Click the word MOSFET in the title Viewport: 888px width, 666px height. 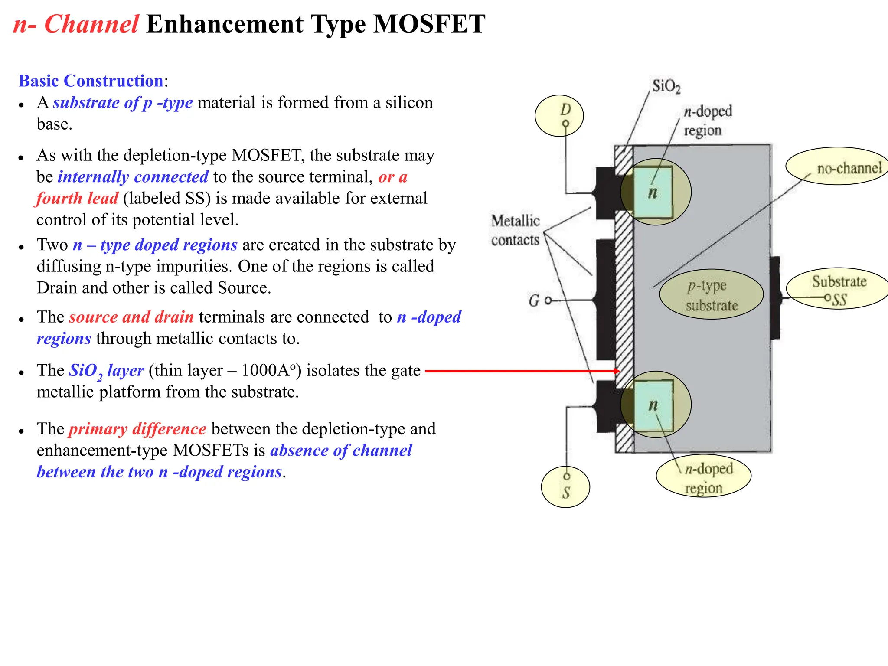point(429,24)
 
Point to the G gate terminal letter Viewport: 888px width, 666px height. point(534,300)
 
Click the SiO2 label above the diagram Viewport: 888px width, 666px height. point(666,86)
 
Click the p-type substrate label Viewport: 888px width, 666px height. point(711,295)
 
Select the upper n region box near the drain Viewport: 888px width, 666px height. point(653,192)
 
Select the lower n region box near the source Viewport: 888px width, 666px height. point(653,405)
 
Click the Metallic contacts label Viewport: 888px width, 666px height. point(515,230)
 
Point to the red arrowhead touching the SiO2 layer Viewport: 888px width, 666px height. point(617,371)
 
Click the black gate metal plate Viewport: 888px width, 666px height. point(606,299)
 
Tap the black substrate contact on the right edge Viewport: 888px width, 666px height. point(775,298)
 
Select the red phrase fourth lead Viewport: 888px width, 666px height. point(77,198)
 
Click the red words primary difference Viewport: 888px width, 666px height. point(137,429)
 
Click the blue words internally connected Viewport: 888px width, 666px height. point(133,177)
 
